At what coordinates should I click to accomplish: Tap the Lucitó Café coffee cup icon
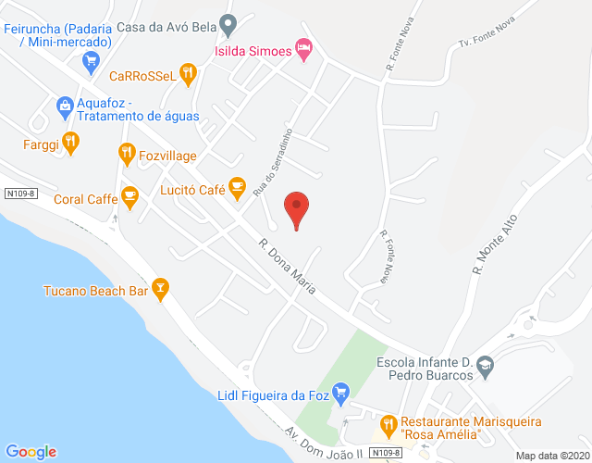pos(238,188)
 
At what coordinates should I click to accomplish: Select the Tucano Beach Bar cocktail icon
pos(161,289)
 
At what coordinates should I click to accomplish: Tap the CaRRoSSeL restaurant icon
pos(188,74)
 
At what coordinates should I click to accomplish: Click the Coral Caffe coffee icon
pos(129,197)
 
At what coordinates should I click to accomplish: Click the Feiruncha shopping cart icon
pos(91,62)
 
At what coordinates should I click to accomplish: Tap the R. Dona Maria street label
pos(288,268)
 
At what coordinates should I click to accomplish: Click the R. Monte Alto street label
pos(494,242)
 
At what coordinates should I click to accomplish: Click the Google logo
pos(31,451)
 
